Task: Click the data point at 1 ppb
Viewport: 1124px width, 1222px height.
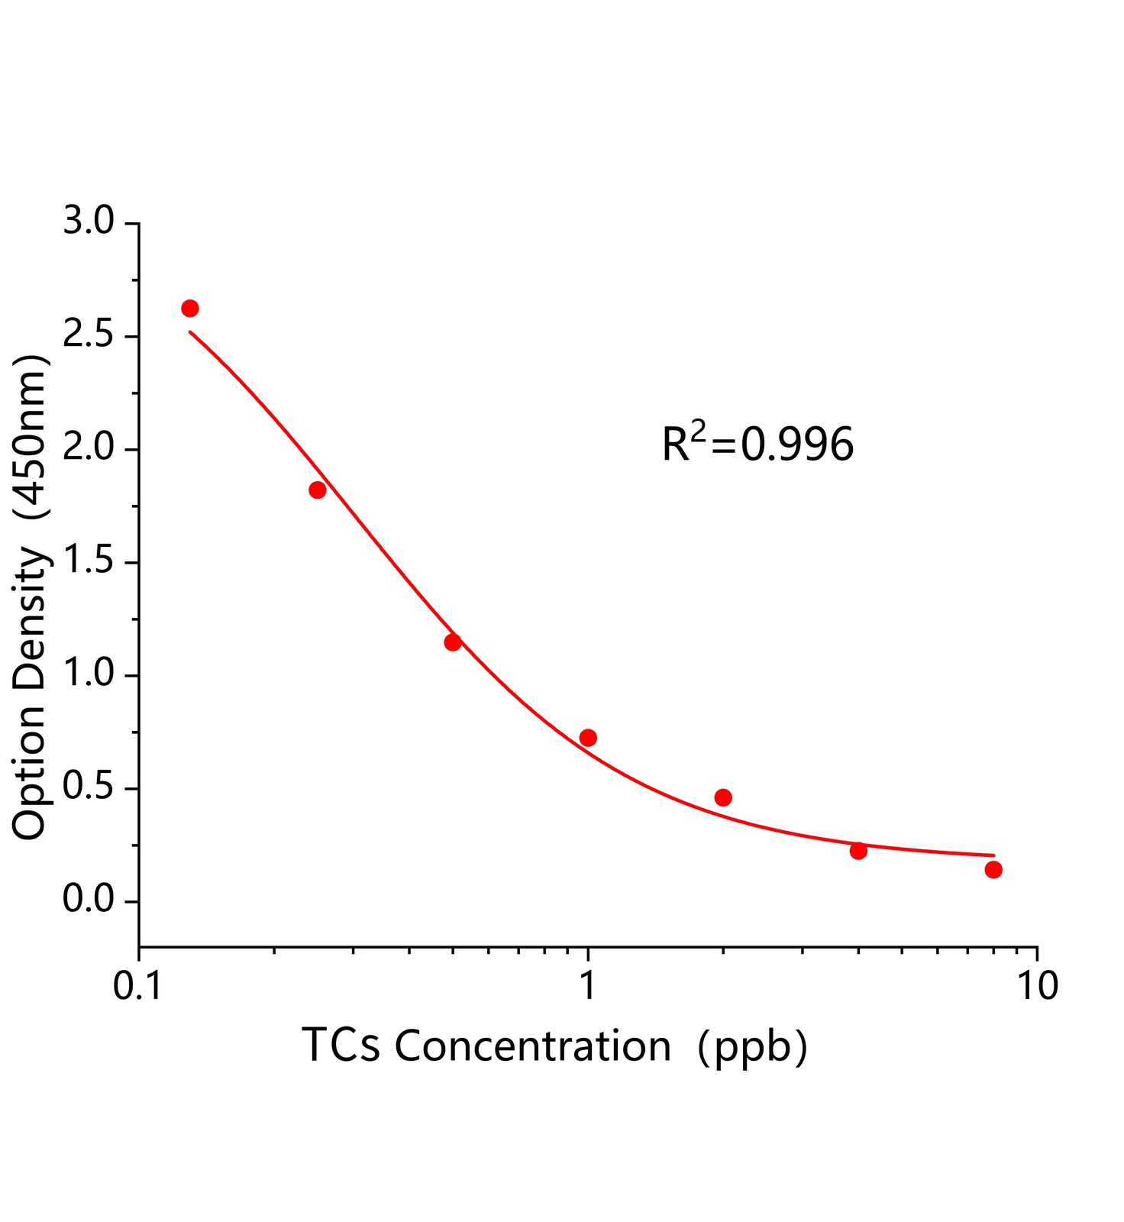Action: click(x=588, y=737)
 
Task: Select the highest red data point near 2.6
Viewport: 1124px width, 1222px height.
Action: click(x=190, y=309)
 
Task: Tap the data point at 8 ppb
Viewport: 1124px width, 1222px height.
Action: click(x=993, y=869)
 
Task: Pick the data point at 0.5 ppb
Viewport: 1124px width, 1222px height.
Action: click(x=453, y=642)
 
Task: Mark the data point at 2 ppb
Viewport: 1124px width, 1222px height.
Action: click(x=723, y=797)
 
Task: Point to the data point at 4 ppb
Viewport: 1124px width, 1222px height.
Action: click(x=858, y=851)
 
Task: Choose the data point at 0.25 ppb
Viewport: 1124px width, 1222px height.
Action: click(x=318, y=490)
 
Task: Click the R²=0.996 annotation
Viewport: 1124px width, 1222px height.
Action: click(x=757, y=445)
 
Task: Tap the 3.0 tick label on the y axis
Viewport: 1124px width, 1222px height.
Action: click(x=88, y=222)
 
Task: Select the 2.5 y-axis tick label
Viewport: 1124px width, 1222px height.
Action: click(x=88, y=336)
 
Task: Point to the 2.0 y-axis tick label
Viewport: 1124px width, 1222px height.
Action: click(x=88, y=449)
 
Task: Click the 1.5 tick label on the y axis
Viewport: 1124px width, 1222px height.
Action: click(x=88, y=562)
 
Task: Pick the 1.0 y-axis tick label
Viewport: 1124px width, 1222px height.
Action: click(x=88, y=675)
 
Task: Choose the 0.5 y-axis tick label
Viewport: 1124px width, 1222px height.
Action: click(x=88, y=788)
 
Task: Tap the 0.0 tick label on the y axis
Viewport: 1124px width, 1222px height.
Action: click(x=88, y=901)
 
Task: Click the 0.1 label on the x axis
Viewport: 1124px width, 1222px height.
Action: click(x=137, y=986)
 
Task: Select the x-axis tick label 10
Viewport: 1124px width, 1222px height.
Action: click(x=1037, y=986)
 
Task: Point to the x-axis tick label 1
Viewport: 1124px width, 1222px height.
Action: click(x=588, y=986)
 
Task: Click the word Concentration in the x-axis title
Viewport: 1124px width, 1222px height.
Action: click(x=532, y=1046)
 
